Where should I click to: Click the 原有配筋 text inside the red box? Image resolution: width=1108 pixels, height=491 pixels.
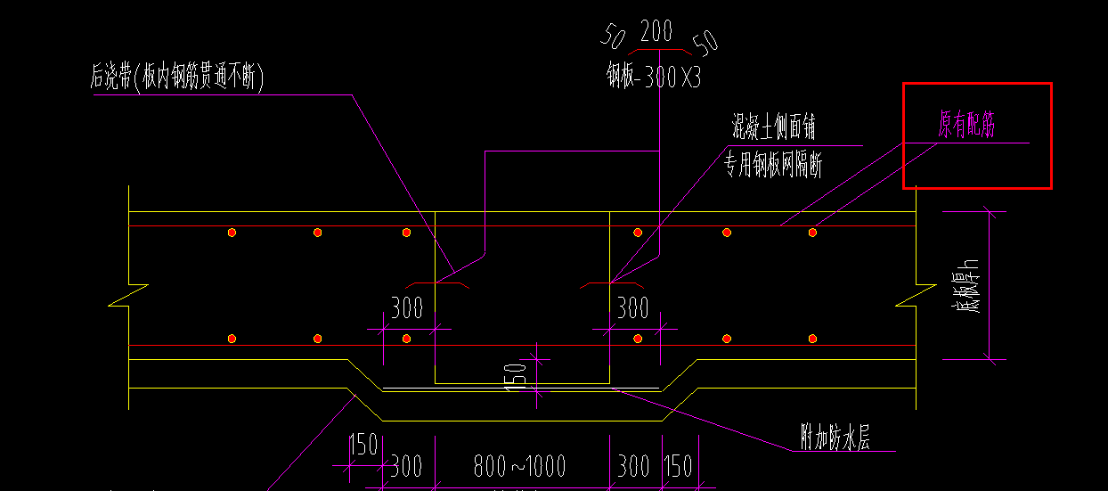[965, 127]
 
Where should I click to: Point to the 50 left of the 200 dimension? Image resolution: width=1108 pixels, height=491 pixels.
[614, 37]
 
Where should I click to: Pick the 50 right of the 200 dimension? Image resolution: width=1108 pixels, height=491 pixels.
[705, 41]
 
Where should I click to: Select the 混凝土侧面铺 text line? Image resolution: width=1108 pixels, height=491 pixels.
[773, 127]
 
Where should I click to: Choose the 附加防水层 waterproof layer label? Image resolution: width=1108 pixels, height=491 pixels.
[834, 438]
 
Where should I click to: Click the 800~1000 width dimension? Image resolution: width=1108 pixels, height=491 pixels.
[520, 466]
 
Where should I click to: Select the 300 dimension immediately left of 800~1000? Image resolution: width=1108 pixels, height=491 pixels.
[406, 466]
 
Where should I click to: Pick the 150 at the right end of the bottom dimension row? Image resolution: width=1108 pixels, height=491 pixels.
[678, 466]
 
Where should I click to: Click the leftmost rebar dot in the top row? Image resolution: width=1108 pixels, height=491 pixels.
[232, 233]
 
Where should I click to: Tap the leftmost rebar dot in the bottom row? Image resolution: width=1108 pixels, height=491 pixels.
[232, 339]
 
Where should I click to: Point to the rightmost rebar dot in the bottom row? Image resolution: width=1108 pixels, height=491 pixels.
[812, 339]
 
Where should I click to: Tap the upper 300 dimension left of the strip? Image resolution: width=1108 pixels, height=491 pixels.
[407, 308]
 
